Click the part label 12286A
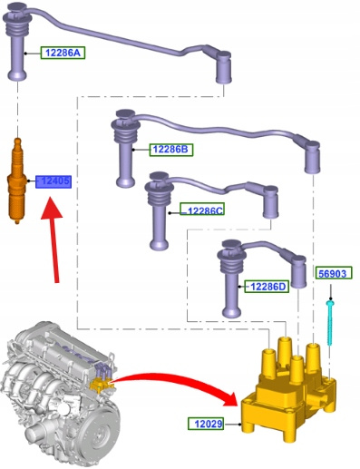63,53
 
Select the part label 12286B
171,150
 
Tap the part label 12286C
202,210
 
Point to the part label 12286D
267,286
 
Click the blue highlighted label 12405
54,181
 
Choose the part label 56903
334,273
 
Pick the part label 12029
206,424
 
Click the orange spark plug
16,181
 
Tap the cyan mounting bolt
330,323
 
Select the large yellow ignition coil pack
288,390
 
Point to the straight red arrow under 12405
54,239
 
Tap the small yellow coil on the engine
99,385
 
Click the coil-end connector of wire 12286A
224,67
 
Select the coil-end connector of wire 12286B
313,157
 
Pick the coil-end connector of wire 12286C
270,202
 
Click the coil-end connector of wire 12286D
298,271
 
